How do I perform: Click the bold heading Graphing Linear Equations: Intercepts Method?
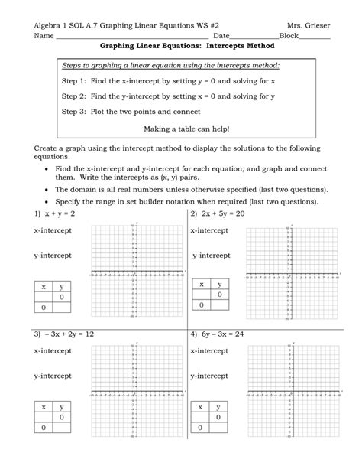pos(182,47)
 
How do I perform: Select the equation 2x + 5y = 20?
pos(222,215)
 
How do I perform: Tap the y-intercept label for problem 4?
pos(212,376)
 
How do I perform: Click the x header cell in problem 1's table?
pos(44,286)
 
